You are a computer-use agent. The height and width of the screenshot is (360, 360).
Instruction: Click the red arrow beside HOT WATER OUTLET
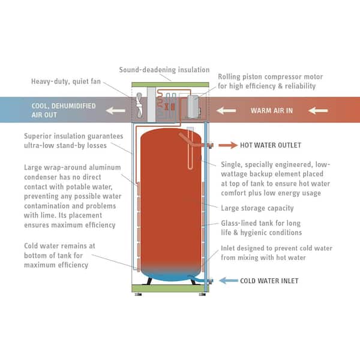pyautogui.click(x=228, y=145)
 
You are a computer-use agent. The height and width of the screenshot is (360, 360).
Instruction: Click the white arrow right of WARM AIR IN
pyautogui.click(x=318, y=110)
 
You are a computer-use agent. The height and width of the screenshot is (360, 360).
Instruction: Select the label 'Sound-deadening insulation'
pyautogui.click(x=164, y=70)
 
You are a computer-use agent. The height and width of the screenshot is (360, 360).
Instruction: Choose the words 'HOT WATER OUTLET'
pyautogui.click(x=271, y=145)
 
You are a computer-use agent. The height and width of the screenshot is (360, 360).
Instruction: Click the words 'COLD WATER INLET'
pyautogui.click(x=269, y=280)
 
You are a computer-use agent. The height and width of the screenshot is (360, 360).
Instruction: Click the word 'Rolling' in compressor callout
pyautogui.click(x=231, y=77)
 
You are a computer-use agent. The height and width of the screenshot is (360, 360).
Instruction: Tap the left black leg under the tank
pyautogui.click(x=148, y=279)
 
